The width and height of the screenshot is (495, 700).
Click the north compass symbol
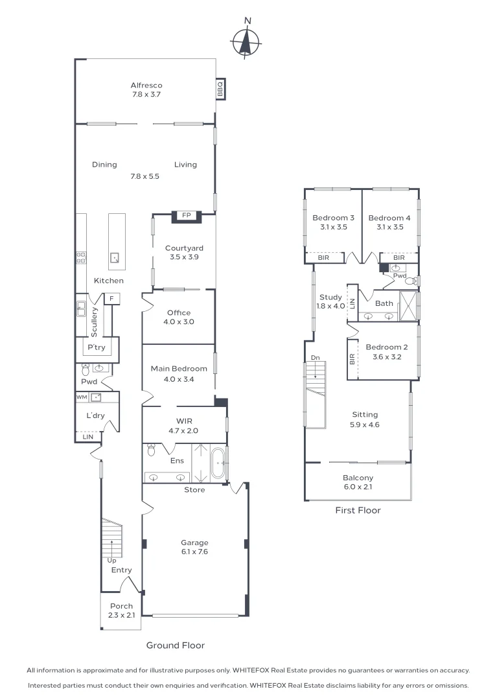[x=246, y=42]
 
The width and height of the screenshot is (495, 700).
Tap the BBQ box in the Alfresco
[x=220, y=89]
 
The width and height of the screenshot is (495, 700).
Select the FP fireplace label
[x=186, y=216]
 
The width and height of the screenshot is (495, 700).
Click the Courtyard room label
[x=184, y=248]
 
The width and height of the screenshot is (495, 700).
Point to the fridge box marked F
[x=112, y=299]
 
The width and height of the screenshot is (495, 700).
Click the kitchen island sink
[x=116, y=257]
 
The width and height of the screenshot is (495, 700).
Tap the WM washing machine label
[x=82, y=397]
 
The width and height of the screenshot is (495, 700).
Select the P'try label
[x=97, y=348]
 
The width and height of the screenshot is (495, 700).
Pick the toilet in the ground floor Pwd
[x=86, y=370]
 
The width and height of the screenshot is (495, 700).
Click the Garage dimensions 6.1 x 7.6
[x=194, y=552]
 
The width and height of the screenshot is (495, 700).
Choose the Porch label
[x=121, y=607]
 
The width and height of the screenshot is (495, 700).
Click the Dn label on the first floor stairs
[x=314, y=357]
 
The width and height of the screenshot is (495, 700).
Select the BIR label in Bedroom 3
[x=322, y=258]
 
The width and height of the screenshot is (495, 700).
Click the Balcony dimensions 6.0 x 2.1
[x=357, y=487]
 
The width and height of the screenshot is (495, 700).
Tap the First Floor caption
[x=358, y=511]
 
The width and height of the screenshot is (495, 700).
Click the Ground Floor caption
[x=175, y=646]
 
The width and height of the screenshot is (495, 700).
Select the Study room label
[x=326, y=298]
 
